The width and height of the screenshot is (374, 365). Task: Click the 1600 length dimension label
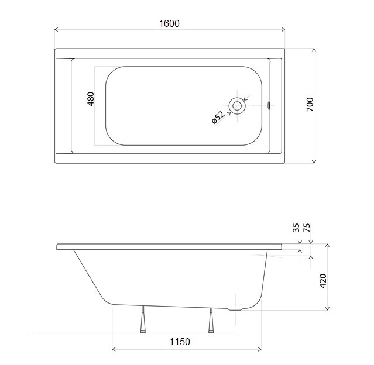coord(169,23)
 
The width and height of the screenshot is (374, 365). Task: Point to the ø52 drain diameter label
coord(218,117)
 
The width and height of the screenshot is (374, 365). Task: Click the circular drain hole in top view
coord(238,106)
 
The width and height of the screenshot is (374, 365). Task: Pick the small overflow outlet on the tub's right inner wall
coord(269,106)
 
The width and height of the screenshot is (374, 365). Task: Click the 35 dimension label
coord(296,228)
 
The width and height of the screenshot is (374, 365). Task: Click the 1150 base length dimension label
coord(179,342)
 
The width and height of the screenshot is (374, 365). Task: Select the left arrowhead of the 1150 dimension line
coord(114,350)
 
